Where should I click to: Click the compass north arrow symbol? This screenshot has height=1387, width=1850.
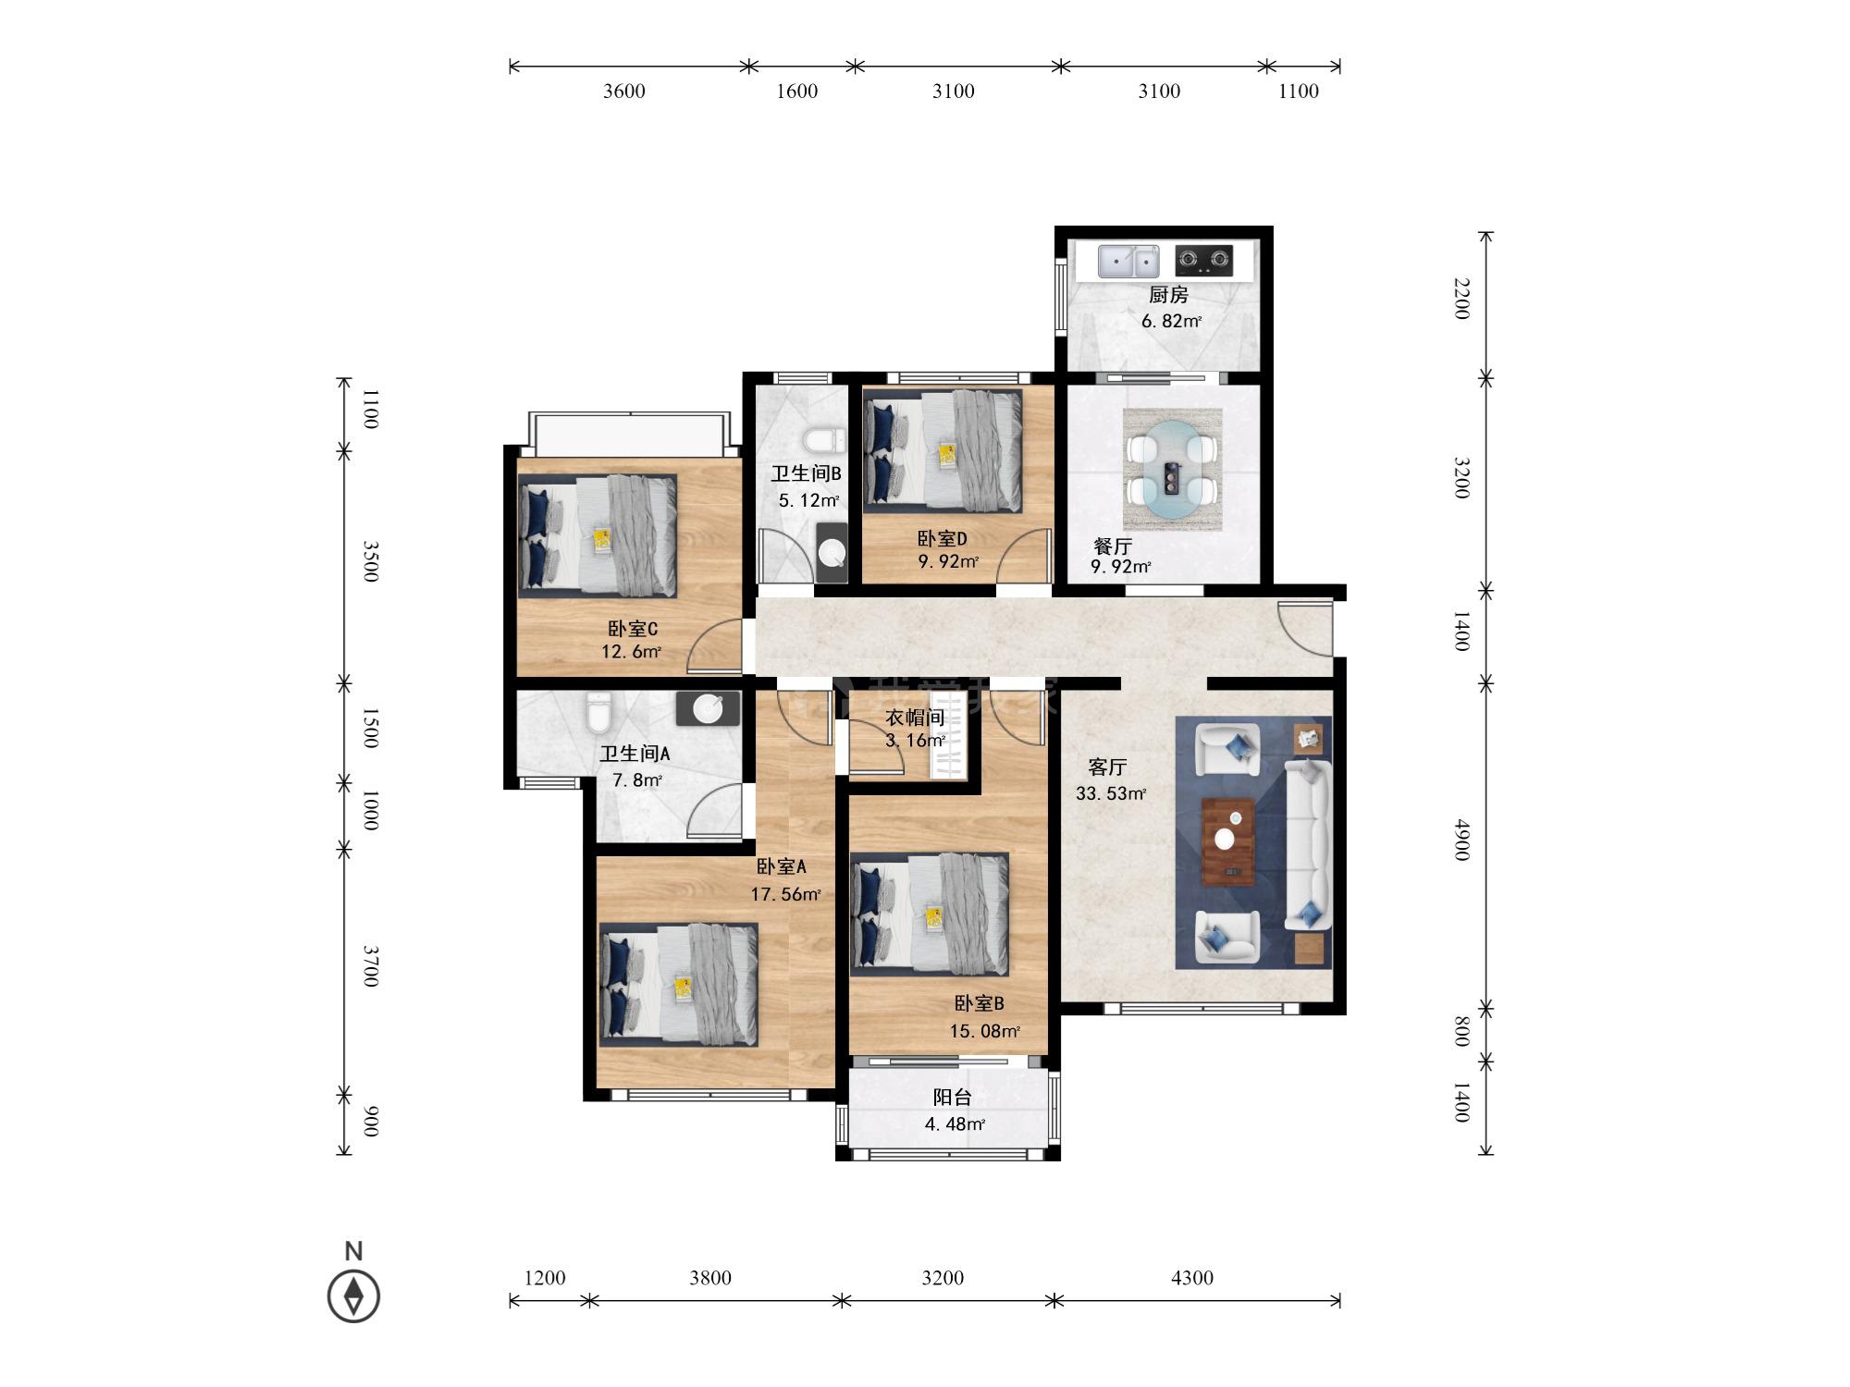pyautogui.click(x=353, y=1296)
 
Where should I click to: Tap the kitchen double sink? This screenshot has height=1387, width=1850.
pyautogui.click(x=1128, y=262)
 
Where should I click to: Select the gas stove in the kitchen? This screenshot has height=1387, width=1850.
pyautogui.click(x=1204, y=261)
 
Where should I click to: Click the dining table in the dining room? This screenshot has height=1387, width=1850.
pyautogui.click(x=1172, y=470)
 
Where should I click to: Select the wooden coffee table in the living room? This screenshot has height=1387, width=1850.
pyautogui.click(x=1227, y=841)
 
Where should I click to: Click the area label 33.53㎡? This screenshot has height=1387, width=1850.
pyautogui.click(x=1111, y=793)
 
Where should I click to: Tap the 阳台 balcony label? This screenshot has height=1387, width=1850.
pyautogui.click(x=952, y=1098)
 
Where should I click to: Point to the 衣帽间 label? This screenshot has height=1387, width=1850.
pyautogui.click(x=915, y=718)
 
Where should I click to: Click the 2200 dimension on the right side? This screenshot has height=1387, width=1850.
pyautogui.click(x=1461, y=299)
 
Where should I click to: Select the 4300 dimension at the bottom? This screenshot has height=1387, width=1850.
pyautogui.click(x=1191, y=1278)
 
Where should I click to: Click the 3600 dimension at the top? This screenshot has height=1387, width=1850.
pyautogui.click(x=624, y=91)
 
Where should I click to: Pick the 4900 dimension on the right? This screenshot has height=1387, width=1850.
pyautogui.click(x=1461, y=839)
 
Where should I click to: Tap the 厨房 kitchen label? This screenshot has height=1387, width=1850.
pyautogui.click(x=1168, y=295)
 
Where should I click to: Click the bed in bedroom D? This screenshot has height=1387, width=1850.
pyautogui.click(x=943, y=450)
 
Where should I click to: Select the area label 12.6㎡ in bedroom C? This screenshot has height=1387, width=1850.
pyautogui.click(x=631, y=652)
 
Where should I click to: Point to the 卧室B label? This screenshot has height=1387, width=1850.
pyautogui.click(x=979, y=1003)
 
